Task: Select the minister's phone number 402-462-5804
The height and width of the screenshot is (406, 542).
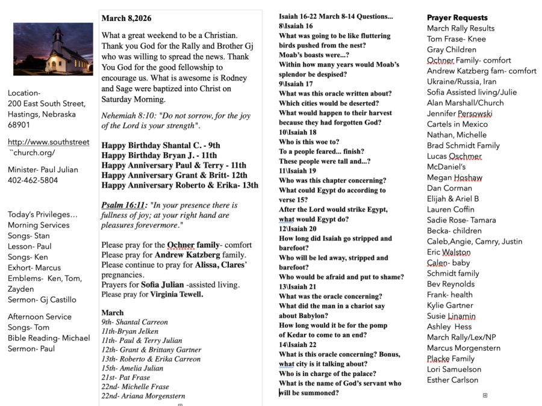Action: [x=33, y=180]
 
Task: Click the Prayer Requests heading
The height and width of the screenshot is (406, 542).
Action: [x=457, y=17]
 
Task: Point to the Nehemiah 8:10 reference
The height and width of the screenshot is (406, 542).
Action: [x=128, y=116]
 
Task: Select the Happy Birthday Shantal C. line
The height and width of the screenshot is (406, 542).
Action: [x=161, y=146]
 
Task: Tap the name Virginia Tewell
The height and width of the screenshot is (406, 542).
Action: [x=176, y=295]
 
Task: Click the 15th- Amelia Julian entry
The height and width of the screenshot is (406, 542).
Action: [x=132, y=368]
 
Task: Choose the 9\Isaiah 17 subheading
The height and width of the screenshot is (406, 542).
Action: [x=296, y=84]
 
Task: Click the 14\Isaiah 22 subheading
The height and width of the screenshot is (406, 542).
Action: [x=297, y=345]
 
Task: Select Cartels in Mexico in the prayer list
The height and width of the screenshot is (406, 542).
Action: [x=457, y=125]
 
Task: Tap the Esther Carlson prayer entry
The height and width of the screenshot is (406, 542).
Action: [x=452, y=380]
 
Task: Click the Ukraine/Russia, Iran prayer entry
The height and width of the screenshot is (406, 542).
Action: [x=462, y=82]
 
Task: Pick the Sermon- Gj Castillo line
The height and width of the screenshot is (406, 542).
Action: [x=42, y=300]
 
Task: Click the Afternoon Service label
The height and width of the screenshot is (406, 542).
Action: [x=40, y=317]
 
